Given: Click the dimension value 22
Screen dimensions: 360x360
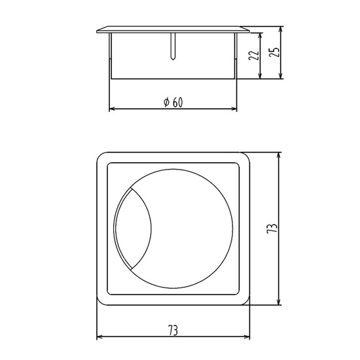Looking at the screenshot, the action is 254,56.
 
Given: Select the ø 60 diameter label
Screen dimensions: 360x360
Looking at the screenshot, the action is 173,102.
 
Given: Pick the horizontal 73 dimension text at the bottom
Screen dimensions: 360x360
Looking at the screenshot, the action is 173,331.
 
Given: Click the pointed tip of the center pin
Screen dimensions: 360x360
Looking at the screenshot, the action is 173,60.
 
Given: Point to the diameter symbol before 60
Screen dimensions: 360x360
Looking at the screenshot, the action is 166,102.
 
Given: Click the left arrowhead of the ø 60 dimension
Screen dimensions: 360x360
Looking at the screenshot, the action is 112,109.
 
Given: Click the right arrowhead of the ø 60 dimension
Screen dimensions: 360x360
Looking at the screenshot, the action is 234,109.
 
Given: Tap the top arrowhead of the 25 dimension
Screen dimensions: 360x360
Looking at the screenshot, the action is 281,29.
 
